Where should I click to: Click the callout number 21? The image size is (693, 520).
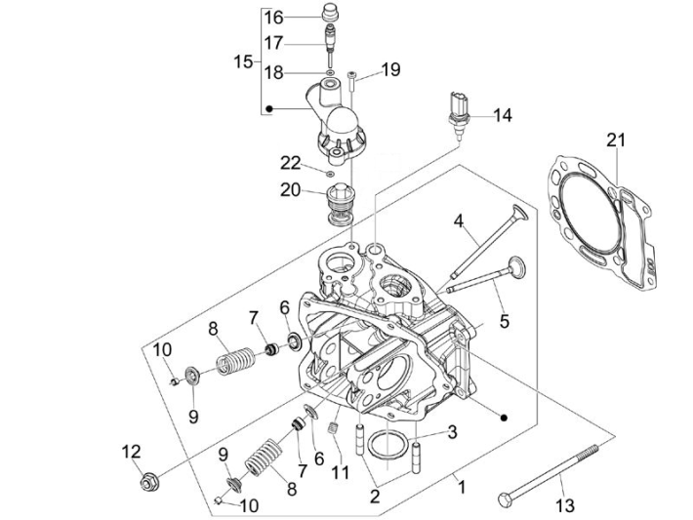tap(614, 140)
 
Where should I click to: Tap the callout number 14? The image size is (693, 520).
tap(502, 115)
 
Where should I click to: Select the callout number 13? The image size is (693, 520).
tap(565, 504)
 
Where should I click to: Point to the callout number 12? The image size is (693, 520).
tap(131, 451)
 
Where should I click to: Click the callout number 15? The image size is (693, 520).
tap(243, 61)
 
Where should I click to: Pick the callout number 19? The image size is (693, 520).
tap(390, 69)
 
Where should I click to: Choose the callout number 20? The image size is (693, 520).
tap(291, 190)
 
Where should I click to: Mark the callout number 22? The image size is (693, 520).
tap(290, 162)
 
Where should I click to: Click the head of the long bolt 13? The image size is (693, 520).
tap(504, 500)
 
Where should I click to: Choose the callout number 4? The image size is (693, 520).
tap(458, 221)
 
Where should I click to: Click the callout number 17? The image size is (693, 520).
tap(273, 43)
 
